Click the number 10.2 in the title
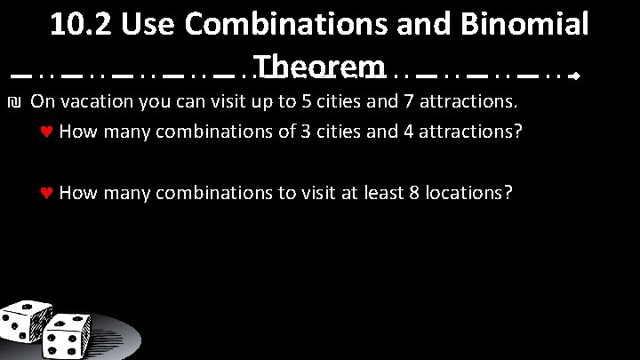pos(80,25)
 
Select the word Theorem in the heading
pos(318,68)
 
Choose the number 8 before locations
pos(414,192)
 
